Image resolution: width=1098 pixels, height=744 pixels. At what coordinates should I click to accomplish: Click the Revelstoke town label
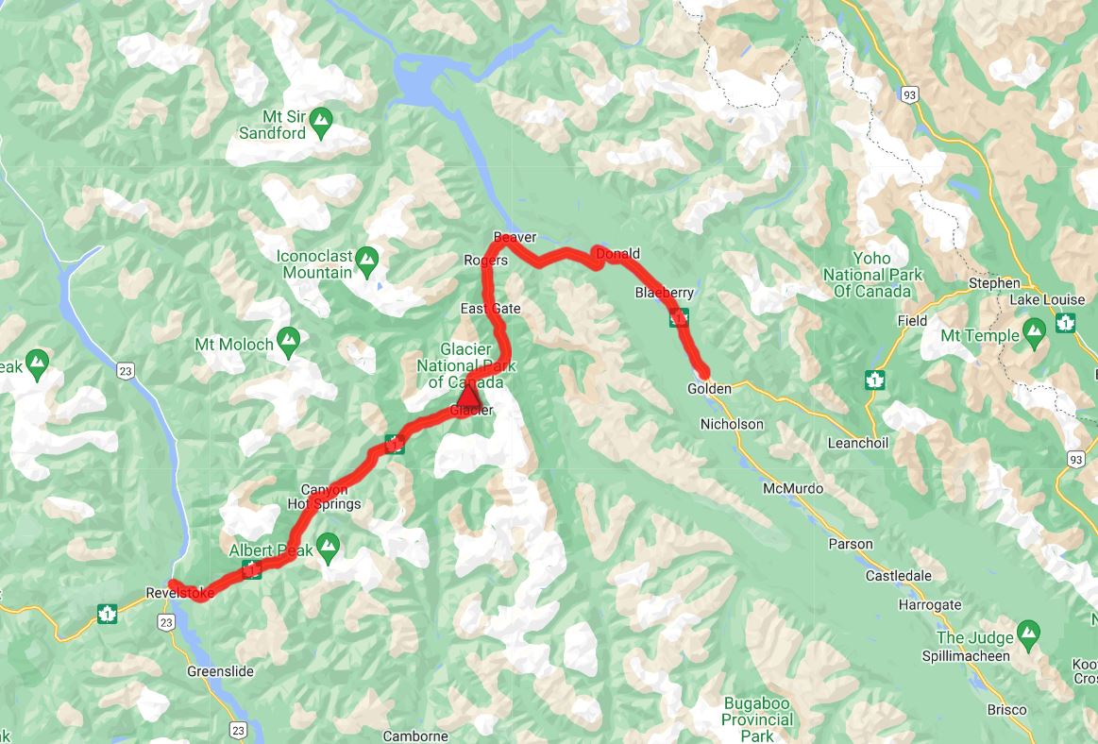point(180,593)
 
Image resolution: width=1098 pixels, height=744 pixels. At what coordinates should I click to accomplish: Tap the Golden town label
point(709,389)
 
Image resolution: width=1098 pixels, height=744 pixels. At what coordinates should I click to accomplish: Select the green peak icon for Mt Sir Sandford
point(322,119)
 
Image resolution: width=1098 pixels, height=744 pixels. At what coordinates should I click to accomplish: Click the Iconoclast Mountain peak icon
point(367,257)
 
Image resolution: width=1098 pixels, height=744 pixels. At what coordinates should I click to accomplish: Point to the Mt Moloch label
point(234,345)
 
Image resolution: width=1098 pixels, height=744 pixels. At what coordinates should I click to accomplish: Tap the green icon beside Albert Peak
point(328,545)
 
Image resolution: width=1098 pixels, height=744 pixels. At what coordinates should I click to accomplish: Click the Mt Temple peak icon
point(1034,330)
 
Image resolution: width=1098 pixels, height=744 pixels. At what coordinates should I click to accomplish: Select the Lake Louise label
point(1047,299)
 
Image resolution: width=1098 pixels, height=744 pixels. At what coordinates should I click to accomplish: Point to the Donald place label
point(620,254)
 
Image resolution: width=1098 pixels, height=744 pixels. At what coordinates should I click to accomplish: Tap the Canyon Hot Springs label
point(325,497)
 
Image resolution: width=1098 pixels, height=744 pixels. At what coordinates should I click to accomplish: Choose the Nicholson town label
point(732,424)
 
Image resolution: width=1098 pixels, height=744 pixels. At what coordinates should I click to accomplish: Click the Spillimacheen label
point(966,655)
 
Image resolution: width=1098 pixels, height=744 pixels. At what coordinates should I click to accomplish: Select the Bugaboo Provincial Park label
point(757,719)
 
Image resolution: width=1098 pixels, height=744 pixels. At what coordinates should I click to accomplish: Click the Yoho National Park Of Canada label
point(871,275)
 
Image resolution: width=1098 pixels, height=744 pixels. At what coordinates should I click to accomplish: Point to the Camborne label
point(415,736)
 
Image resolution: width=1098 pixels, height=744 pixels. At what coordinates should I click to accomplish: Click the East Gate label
point(490,309)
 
